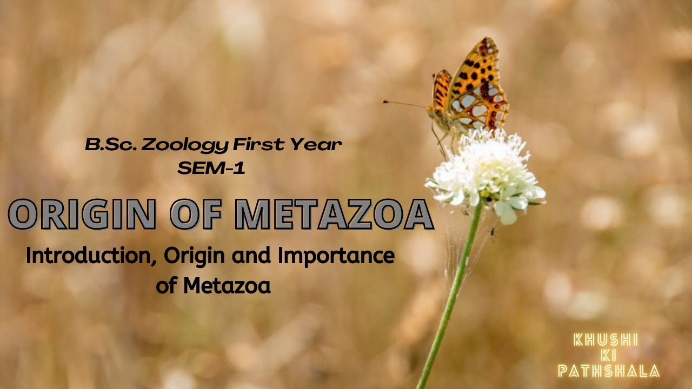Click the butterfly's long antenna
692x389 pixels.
pyautogui.click(x=405, y=103)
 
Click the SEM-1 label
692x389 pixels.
pyautogui.click(x=211, y=168)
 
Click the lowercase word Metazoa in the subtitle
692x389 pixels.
pyautogui.click(x=227, y=286)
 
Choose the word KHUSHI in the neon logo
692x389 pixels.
pyautogui.click(x=605, y=340)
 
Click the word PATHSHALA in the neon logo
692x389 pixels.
pyautogui.click(x=609, y=371)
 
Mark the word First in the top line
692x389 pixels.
pyautogui.click(x=259, y=145)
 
